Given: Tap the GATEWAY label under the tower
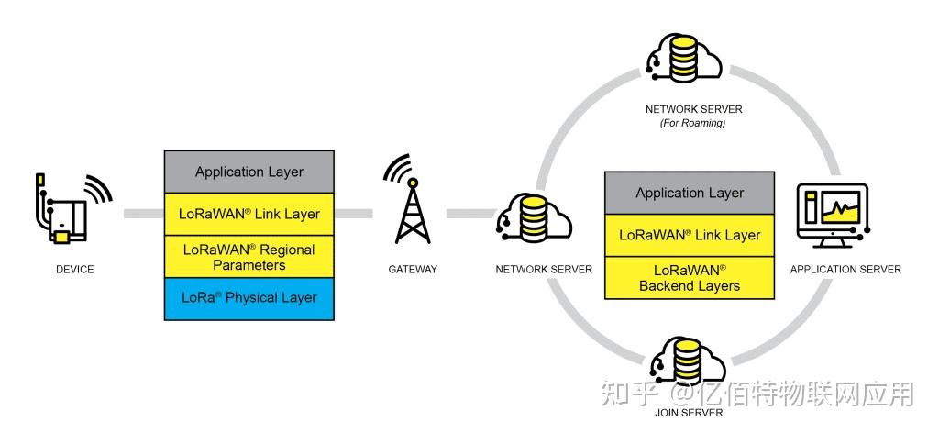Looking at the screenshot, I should coord(412,269).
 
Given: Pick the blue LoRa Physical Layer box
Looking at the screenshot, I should coord(249,298).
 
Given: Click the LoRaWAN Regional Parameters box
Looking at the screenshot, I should coord(249,257).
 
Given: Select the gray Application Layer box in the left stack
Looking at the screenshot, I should coord(249,172).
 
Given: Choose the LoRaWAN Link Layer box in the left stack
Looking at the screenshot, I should coord(249,214).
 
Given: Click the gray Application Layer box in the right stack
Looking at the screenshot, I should coord(690,193).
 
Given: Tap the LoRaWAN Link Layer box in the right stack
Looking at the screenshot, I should coord(690,235).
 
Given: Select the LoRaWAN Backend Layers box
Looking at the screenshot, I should coord(690,277).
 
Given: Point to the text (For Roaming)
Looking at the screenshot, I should coord(693,123).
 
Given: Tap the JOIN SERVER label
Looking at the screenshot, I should coord(690,413).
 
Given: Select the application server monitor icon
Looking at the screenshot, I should coord(833,214).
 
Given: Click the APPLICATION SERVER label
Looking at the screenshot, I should coord(845,269).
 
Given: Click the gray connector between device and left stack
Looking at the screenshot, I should coord(143,214).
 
